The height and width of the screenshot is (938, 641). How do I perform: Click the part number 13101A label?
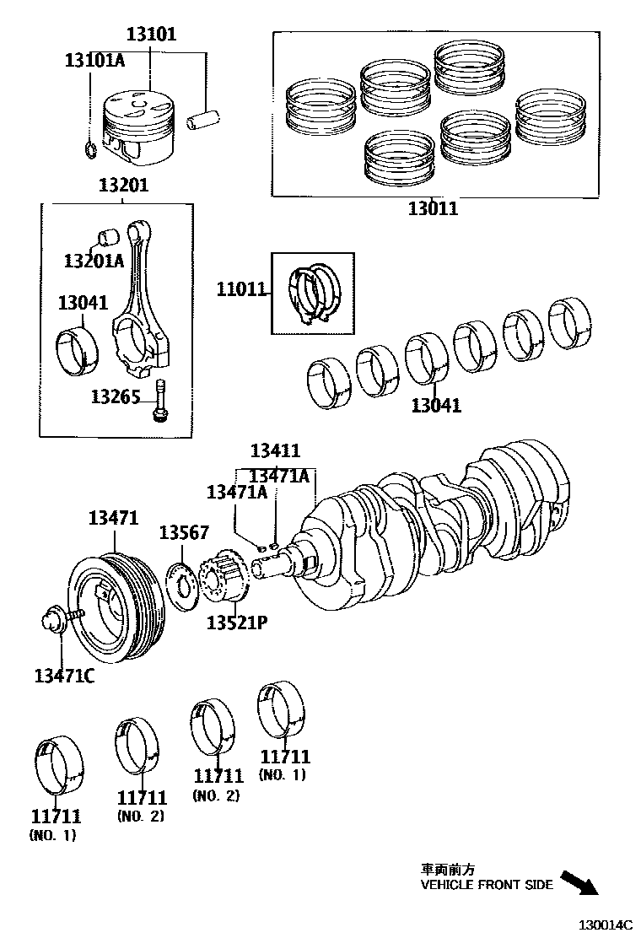94,60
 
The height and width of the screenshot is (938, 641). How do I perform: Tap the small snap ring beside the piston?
89,151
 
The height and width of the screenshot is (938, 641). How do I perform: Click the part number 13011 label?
433,208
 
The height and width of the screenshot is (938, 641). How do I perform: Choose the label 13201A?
94,261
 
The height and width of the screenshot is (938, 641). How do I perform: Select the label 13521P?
237,623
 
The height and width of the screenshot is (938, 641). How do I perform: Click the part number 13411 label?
275,451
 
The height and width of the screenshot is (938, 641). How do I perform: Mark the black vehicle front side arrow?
579,881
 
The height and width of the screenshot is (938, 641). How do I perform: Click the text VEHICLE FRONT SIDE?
487,885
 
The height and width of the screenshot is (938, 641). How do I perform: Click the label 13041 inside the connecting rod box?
83,302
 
